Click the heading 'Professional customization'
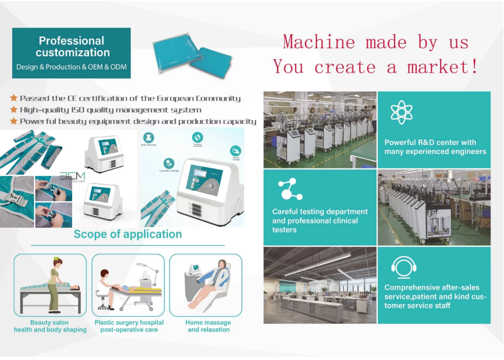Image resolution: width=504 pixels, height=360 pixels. (x=71, y=47)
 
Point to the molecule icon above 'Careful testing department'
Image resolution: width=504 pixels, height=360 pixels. (x=290, y=189)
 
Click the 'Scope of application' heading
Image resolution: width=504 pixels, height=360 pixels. (x=128, y=234)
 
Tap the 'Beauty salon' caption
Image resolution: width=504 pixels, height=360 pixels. (x=49, y=323)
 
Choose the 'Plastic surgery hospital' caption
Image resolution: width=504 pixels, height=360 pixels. (x=129, y=323)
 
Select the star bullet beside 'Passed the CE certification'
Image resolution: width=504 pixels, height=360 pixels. (x=14, y=98)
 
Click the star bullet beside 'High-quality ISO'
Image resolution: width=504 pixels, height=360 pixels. (x=14, y=110)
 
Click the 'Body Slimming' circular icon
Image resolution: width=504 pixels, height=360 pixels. (x=149, y=138)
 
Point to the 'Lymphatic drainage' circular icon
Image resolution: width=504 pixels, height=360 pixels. (x=169, y=163)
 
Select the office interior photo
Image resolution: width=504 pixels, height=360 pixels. (x=319, y=285)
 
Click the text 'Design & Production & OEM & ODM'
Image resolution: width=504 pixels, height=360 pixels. (x=71, y=67)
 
